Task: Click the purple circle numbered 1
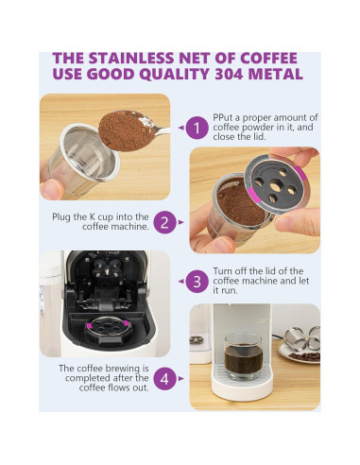point(197,127)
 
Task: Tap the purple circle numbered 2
point(164,223)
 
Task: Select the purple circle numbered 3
point(197,281)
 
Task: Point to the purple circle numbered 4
point(164,379)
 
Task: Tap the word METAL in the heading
point(279,75)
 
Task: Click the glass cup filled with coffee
point(244,357)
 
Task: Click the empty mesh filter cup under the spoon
point(73,157)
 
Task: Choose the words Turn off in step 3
point(228,271)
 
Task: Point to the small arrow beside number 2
point(180,223)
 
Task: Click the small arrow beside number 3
point(180,281)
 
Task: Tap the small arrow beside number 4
point(180,379)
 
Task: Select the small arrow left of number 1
point(180,127)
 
